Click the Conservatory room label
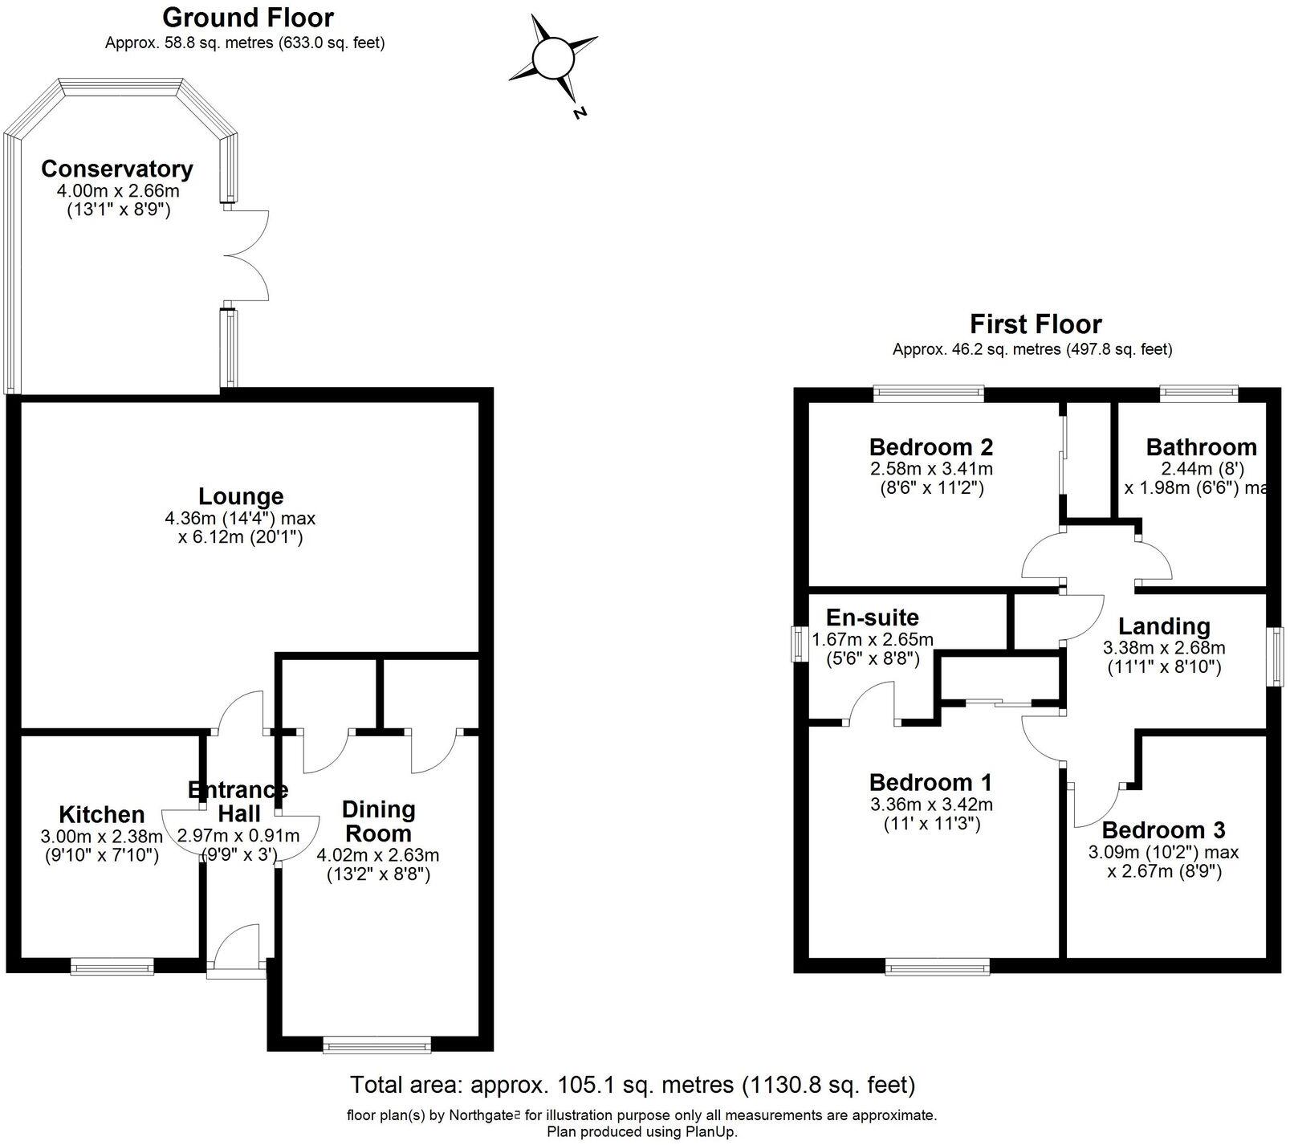pos(116,169)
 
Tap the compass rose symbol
pos(552,59)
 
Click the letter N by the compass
pos(580,113)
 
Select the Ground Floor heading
pos(247,17)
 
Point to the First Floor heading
pos(1036,324)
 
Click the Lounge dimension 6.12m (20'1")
pos(240,537)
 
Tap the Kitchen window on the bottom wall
pos(112,967)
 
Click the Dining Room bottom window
pos(376,1045)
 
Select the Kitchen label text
pos(102,814)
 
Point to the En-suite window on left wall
pos(799,644)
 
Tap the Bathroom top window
pos(1198,393)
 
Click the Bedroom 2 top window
pos(929,393)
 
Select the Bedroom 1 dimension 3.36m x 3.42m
pos(930,804)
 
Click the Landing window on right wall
pos(1276,657)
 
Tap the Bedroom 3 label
pos(1163,830)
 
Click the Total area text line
pos(633,1086)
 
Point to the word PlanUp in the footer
pos(712,1131)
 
